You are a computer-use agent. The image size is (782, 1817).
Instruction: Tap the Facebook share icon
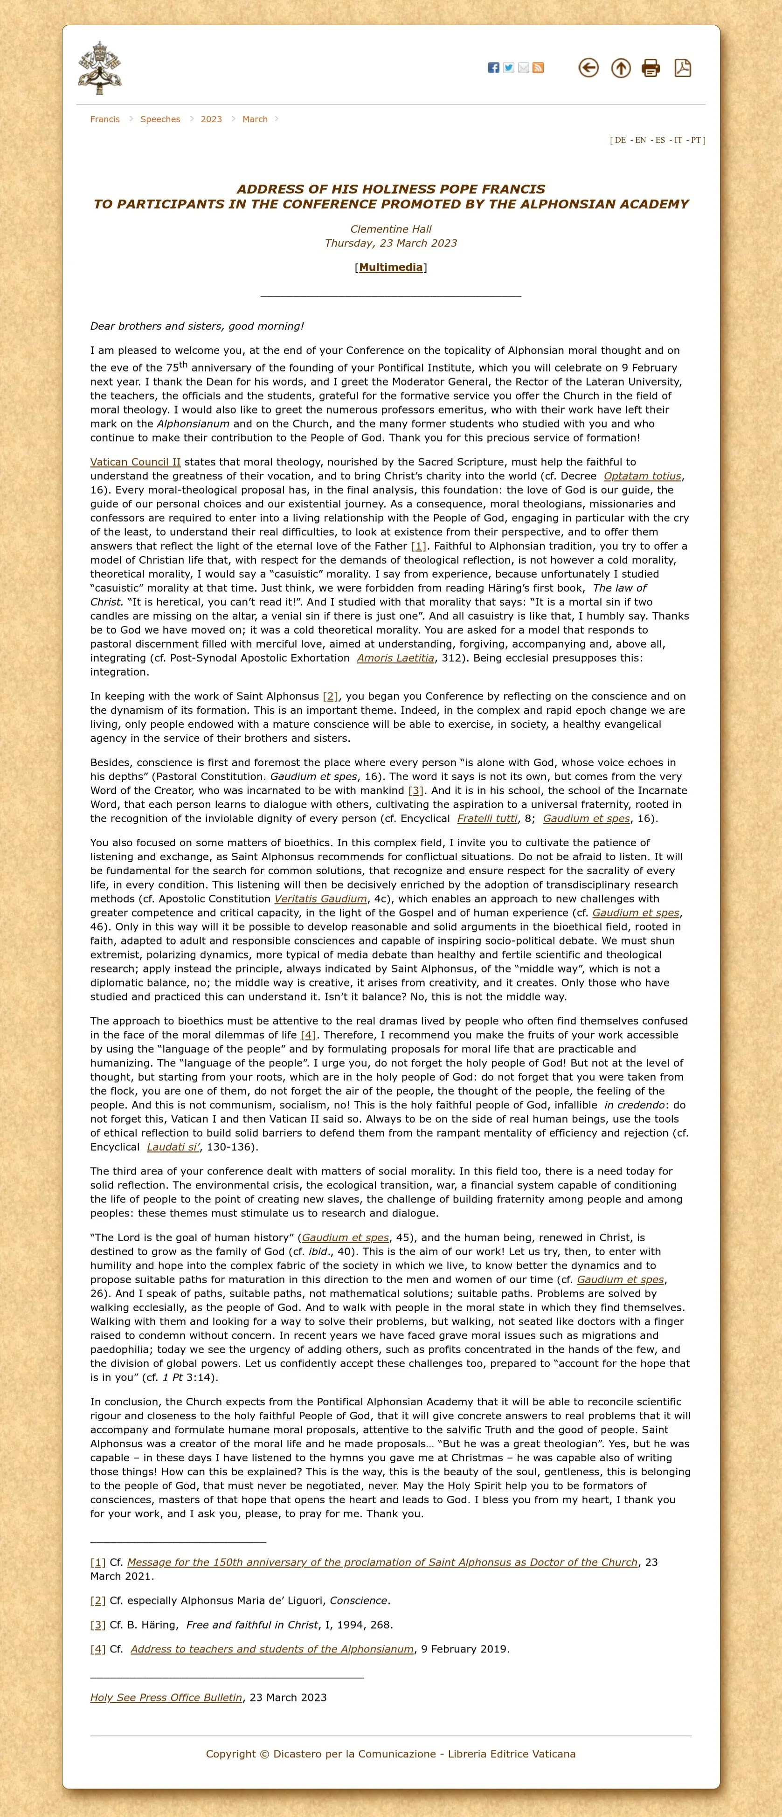[494, 68]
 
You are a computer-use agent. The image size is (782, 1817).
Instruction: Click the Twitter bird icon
[508, 68]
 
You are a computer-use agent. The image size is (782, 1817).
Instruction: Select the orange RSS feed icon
[538, 68]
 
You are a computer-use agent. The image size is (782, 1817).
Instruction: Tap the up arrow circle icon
[621, 68]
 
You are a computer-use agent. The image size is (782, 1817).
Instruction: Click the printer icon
[651, 68]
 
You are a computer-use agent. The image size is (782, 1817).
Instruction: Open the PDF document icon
[683, 68]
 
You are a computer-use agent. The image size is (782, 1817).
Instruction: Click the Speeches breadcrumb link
[160, 119]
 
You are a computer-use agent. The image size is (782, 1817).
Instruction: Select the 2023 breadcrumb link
[211, 119]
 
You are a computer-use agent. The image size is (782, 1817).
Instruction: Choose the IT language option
[678, 140]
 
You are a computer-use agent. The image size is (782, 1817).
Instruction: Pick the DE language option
[620, 140]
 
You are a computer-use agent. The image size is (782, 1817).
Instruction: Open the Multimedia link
[391, 267]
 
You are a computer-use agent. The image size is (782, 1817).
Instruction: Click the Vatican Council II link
[135, 462]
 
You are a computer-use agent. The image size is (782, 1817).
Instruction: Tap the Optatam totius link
[643, 476]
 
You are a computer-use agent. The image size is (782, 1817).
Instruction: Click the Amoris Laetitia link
[395, 658]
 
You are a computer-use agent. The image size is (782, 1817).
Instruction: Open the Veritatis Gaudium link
[321, 898]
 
